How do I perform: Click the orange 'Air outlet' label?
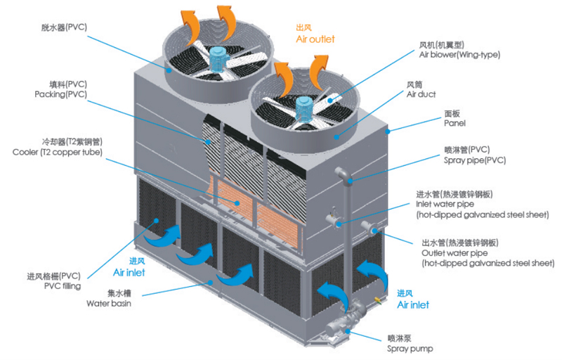(315, 39)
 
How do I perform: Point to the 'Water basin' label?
(108, 304)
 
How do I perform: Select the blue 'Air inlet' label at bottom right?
(412, 305)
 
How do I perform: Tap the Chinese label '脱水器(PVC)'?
(63, 27)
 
